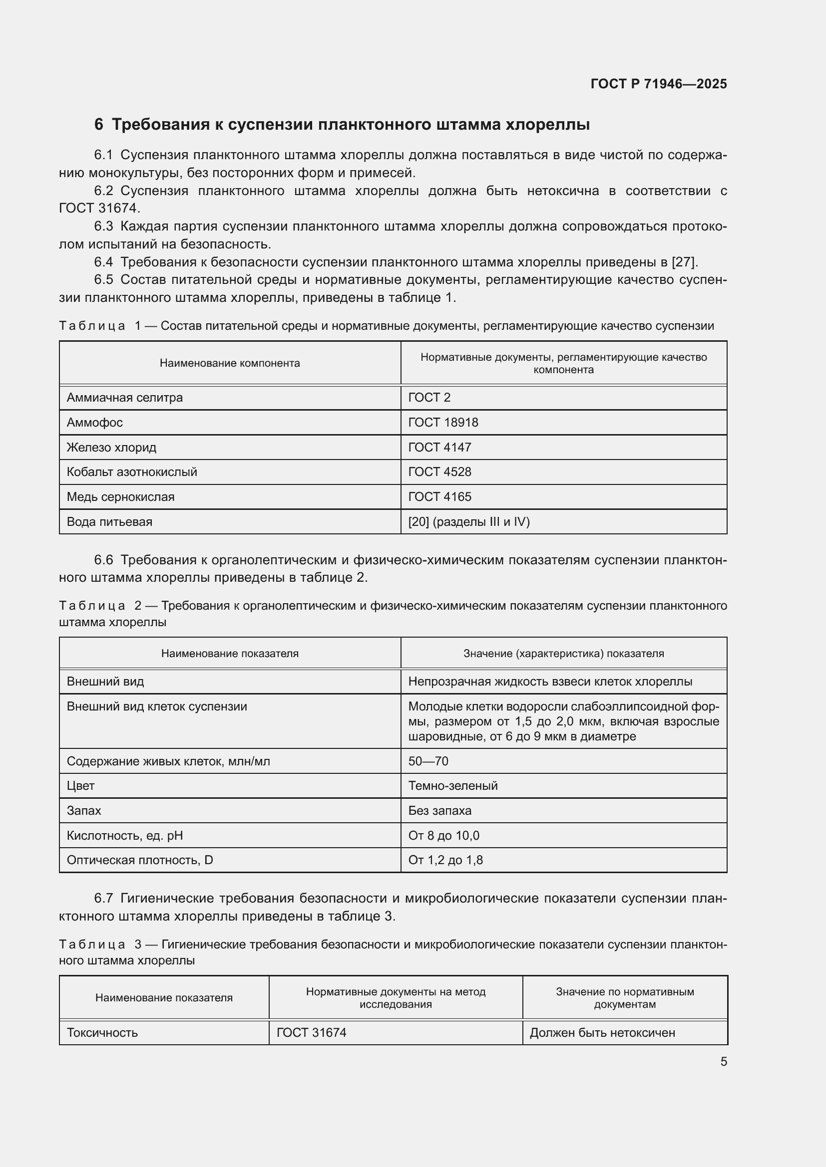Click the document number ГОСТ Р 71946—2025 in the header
659,84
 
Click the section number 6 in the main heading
99,125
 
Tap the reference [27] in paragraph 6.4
684,262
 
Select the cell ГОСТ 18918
443,423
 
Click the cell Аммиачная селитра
125,398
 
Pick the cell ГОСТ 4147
439,447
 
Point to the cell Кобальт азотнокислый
132,471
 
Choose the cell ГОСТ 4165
439,496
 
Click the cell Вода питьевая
109,521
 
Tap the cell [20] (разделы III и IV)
469,521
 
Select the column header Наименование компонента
229,363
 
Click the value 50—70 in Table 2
428,761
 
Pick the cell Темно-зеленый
452,785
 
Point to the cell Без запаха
439,810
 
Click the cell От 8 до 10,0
443,835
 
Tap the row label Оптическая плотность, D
140,860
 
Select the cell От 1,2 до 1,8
445,860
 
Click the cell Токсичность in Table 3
102,1032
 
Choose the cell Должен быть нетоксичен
602,1032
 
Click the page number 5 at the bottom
723,1061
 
